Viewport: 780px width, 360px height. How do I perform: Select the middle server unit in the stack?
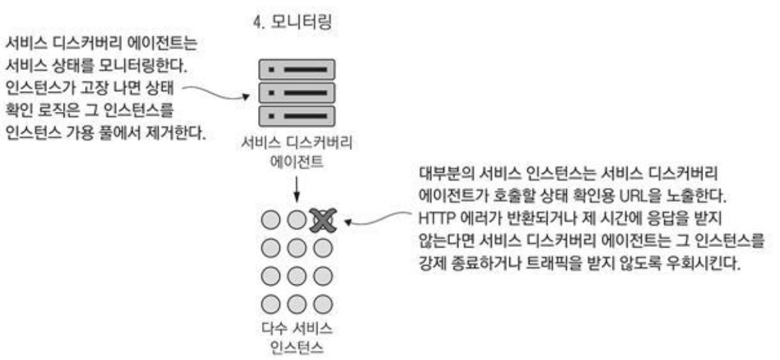tap(297, 92)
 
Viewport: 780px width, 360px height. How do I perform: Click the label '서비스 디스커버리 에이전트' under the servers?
tap(296, 152)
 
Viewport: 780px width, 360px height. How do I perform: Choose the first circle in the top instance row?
tap(269, 220)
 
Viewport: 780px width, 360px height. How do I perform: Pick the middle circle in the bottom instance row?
tap(296, 304)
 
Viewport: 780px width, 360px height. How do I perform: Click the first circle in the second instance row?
tap(269, 248)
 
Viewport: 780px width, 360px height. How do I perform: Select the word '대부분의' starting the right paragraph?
tap(438, 172)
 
